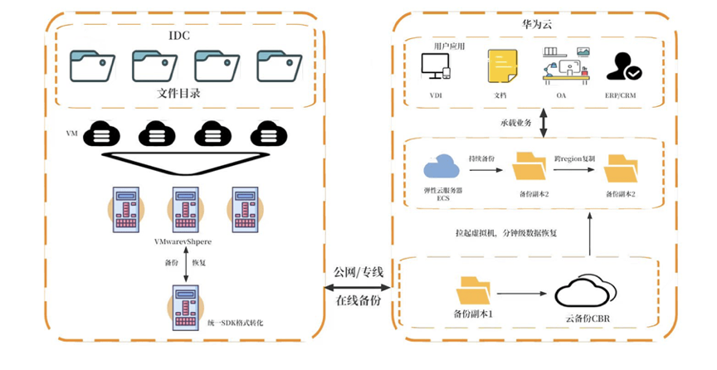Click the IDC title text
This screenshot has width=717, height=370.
[x=180, y=37]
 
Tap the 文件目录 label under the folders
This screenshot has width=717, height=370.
[x=178, y=93]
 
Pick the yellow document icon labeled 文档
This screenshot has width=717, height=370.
[x=500, y=66]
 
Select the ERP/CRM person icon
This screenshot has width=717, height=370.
[x=622, y=66]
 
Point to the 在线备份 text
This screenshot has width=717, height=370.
[x=358, y=301]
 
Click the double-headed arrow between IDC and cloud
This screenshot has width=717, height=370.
[x=358, y=287]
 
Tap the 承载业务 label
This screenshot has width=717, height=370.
[x=515, y=123]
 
